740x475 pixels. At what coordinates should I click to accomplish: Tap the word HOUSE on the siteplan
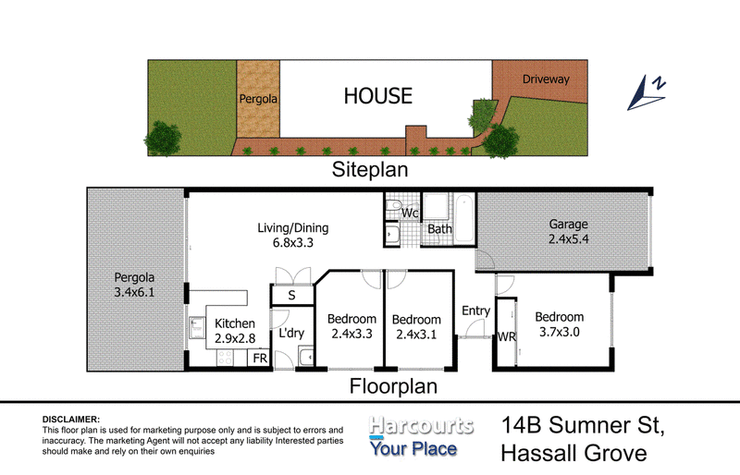coord(378,96)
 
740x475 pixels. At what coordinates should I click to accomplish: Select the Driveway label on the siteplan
coord(546,79)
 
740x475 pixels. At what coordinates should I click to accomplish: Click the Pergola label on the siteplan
coord(258,99)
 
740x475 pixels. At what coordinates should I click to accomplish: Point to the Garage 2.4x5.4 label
coord(568,231)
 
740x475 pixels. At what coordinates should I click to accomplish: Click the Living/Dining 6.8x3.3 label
coord(293,235)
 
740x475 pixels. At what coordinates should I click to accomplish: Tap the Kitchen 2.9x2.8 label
coord(235,331)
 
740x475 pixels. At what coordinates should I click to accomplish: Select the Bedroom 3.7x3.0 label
coord(560,324)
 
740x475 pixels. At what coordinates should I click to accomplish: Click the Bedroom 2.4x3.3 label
coord(351,326)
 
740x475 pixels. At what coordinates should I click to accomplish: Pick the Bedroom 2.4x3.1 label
coord(416,327)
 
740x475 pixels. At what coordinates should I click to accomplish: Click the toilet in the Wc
coord(392,206)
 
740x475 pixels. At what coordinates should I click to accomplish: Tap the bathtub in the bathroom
coord(464,218)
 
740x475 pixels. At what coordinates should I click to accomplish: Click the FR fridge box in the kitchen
coord(260,359)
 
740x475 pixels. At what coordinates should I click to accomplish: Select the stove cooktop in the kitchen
coord(225,358)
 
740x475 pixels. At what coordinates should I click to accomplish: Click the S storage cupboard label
coord(291,296)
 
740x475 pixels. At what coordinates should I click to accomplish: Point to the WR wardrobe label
coord(507,336)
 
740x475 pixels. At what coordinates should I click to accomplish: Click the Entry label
coord(475,311)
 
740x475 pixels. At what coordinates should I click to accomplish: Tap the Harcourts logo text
coord(421,425)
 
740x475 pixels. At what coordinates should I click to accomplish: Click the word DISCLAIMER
coord(71,420)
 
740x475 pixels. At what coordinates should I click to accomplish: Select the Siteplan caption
coord(370,170)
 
